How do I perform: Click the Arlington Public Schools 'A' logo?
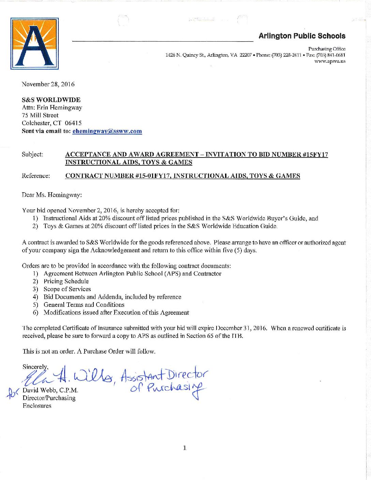click(34, 44)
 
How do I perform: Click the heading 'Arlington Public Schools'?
click(302, 36)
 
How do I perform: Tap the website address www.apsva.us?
click(330, 61)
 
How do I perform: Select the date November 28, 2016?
click(48, 84)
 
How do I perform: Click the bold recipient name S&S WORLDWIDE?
click(51, 100)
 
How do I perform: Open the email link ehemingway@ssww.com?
click(107, 131)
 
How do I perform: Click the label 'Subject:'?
click(32, 154)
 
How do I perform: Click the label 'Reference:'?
click(36, 176)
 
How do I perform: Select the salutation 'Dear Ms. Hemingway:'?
click(52, 195)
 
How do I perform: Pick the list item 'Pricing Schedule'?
click(66, 281)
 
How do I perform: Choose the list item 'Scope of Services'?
click(67, 289)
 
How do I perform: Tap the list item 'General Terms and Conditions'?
click(84, 305)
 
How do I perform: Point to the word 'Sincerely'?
click(35, 367)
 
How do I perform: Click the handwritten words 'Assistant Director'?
click(164, 375)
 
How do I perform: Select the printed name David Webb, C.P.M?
click(50, 390)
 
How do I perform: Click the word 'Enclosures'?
click(37, 406)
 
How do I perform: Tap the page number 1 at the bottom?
click(184, 448)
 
